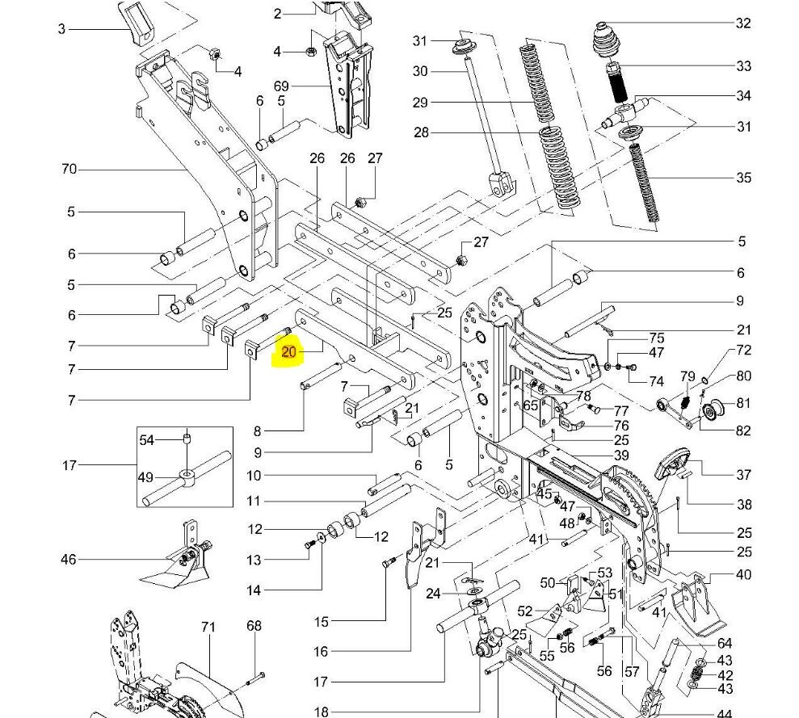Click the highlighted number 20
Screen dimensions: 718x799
point(289,352)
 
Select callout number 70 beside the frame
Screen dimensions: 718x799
point(69,170)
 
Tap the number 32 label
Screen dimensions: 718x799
point(743,23)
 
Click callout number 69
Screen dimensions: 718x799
point(281,86)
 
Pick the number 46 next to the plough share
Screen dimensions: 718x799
point(69,559)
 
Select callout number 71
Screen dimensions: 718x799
point(209,626)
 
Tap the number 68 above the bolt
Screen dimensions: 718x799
point(254,626)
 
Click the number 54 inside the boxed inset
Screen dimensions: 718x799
point(146,439)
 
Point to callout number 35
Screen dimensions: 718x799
point(743,178)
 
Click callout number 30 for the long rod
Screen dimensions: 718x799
point(420,71)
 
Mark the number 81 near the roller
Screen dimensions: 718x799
point(743,404)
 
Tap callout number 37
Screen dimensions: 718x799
point(743,475)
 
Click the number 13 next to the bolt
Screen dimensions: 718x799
point(254,560)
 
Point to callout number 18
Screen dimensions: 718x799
point(322,712)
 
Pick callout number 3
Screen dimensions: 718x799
point(61,30)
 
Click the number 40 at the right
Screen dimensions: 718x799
point(743,575)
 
